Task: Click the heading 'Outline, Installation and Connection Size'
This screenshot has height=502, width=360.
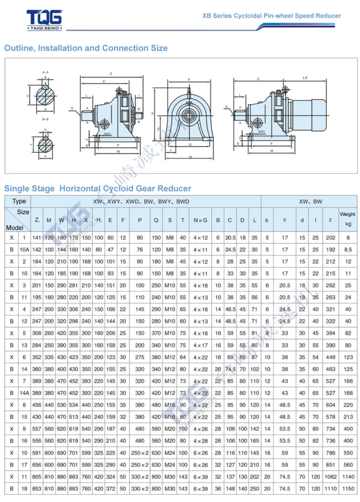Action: pyautogui.click(x=86, y=48)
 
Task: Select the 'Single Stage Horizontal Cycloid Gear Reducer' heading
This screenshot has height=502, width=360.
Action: pyautogui.click(x=98, y=188)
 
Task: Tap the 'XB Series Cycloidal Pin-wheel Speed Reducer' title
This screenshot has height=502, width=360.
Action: pyautogui.click(x=272, y=16)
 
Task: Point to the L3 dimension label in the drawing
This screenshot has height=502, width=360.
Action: pyautogui.click(x=305, y=77)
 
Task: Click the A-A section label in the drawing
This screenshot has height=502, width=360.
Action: pyautogui.click(x=45, y=72)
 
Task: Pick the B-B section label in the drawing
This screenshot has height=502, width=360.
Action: pyautogui.click(x=45, y=119)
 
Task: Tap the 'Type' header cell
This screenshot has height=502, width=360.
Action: pyautogui.click(x=19, y=201)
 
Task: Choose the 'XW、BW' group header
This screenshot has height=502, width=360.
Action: pyautogui.click(x=310, y=201)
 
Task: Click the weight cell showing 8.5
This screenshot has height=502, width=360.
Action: pyautogui.click(x=348, y=250)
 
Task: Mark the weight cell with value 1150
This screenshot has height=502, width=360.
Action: pyautogui.click(x=348, y=488)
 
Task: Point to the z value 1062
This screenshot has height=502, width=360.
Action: pyautogui.click(x=330, y=477)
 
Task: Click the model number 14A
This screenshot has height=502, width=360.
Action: pyautogui.click(x=24, y=393)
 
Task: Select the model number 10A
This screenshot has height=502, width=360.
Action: pyautogui.click(x=24, y=250)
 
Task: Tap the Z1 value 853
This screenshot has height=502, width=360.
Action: pyautogui.click(x=37, y=488)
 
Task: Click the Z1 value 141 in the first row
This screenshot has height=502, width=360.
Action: pyautogui.click(x=37, y=238)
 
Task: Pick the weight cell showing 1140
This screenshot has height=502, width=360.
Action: pyautogui.click(x=348, y=477)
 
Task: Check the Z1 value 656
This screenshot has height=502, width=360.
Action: pyautogui.click(x=37, y=464)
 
